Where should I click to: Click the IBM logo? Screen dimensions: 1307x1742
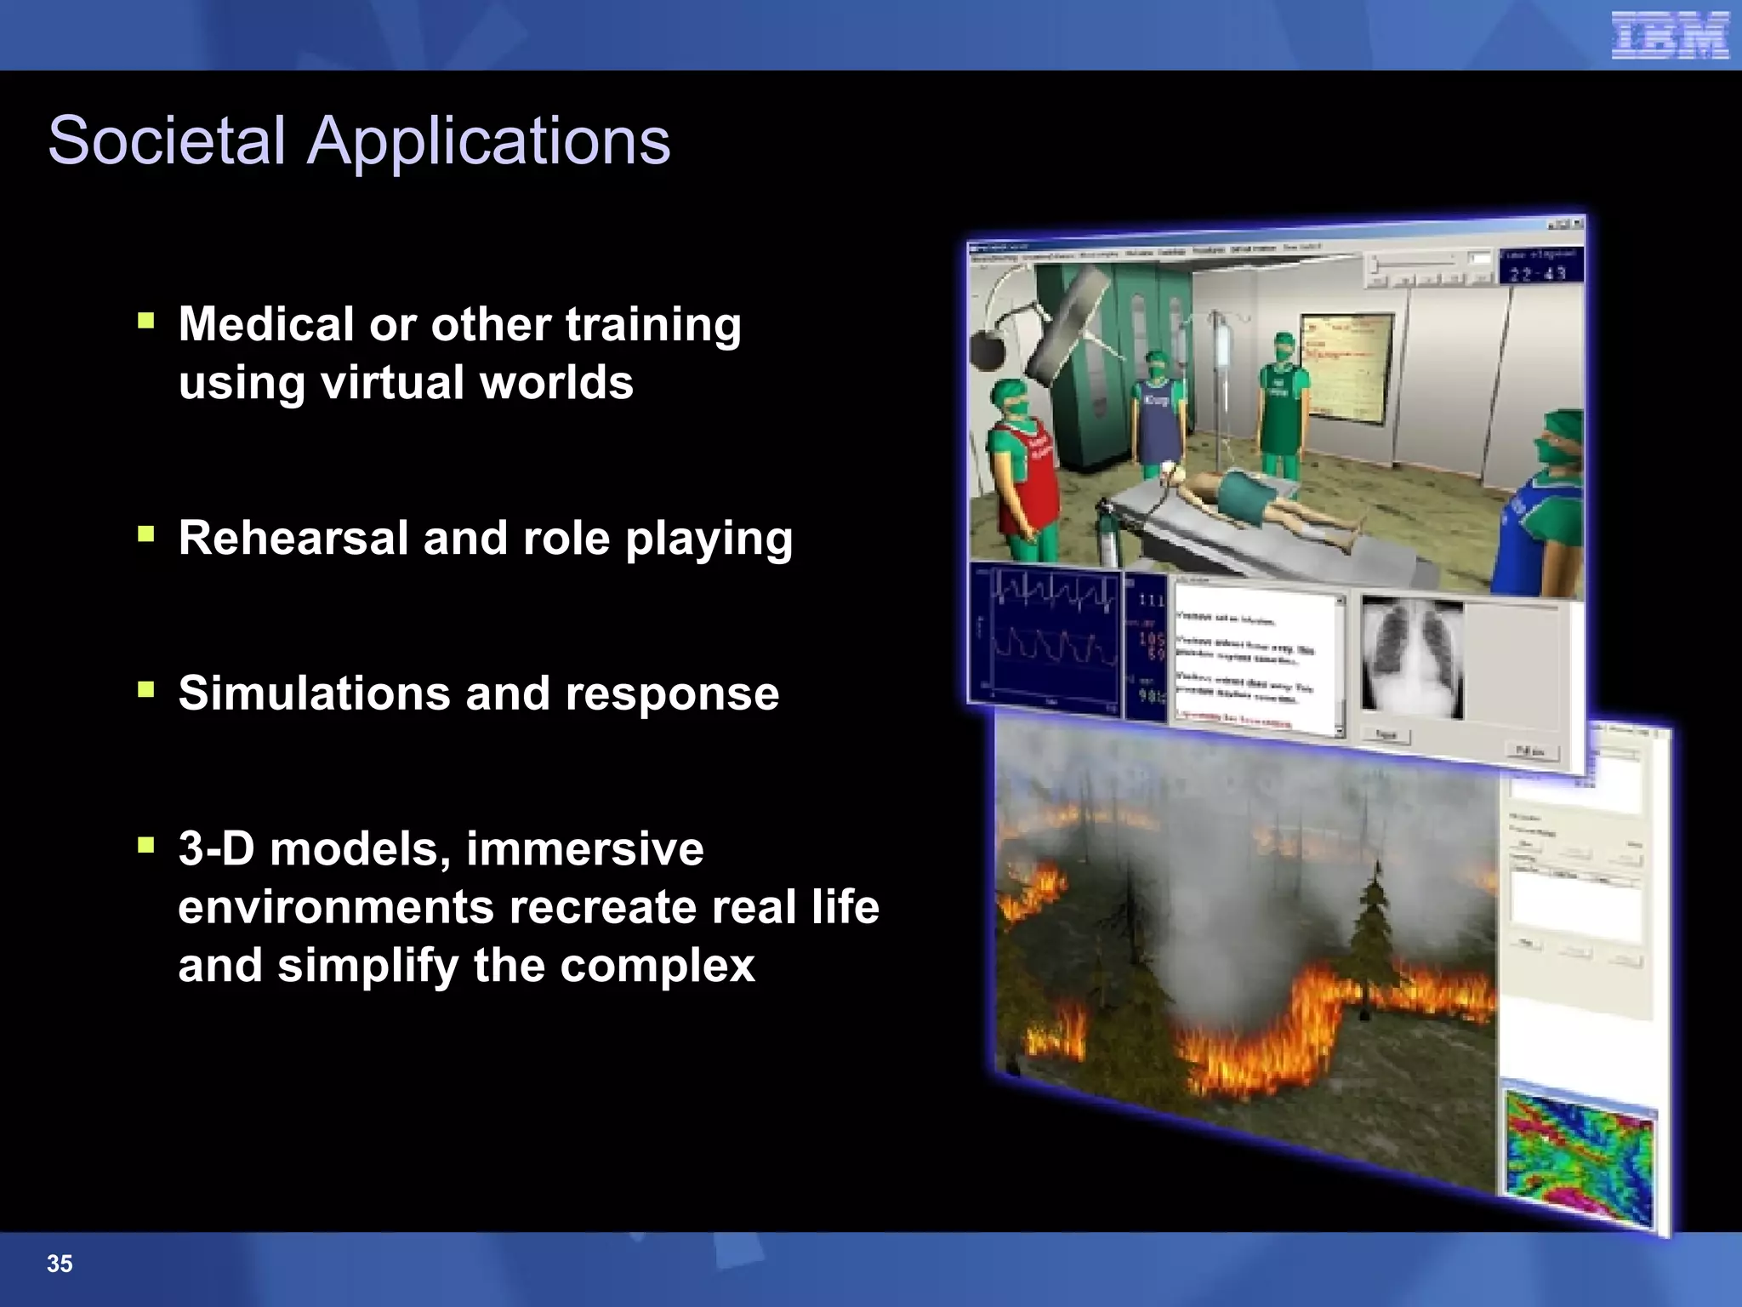[1670, 36]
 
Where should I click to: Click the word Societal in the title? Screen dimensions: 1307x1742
[167, 140]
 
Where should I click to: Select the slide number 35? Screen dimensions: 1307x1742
[60, 1264]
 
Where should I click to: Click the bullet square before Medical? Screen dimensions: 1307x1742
[146, 321]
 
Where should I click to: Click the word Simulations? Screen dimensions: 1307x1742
[314, 693]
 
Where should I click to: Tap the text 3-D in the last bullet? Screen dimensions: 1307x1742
[216, 848]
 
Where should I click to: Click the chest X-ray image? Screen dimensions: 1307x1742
[1412, 658]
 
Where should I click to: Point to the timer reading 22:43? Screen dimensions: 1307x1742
[1538, 272]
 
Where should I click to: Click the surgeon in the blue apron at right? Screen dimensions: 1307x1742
[1544, 511]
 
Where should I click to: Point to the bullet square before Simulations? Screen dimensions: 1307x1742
[146, 689]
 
